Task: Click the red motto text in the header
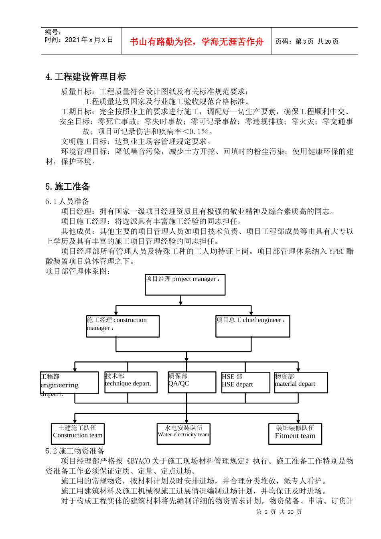click(x=197, y=42)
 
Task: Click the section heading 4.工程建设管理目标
click(x=85, y=77)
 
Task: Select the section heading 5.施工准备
click(x=68, y=186)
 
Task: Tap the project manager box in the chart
click(x=185, y=285)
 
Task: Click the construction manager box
click(x=123, y=326)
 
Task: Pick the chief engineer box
click(x=253, y=326)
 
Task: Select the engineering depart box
click(x=69, y=383)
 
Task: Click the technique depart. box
click(x=128, y=382)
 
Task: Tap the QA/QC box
click(x=192, y=382)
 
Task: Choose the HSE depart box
click(x=245, y=382)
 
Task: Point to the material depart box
click(x=301, y=382)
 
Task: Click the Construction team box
click(x=77, y=434)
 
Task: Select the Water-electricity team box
click(x=184, y=434)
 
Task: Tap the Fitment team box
click(x=295, y=434)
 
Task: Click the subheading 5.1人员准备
click(x=67, y=201)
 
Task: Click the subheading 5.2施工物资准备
click(x=75, y=451)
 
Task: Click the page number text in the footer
click(x=279, y=512)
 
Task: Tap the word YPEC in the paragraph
click(x=336, y=251)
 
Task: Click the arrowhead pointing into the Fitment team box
click(x=298, y=421)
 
